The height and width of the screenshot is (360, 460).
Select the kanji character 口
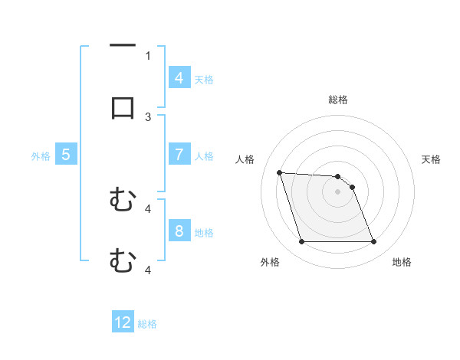(x=123, y=106)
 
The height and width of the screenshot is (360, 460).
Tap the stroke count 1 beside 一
(x=148, y=55)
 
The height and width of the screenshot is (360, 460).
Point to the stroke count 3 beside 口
(x=148, y=116)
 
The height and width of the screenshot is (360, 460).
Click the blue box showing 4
(x=179, y=77)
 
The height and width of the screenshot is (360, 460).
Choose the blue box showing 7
(x=179, y=155)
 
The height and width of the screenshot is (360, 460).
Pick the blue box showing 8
(x=179, y=231)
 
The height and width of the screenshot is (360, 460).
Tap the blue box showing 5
(x=66, y=155)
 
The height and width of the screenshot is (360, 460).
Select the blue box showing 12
(x=123, y=322)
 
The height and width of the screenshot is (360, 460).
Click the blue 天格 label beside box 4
(x=204, y=79)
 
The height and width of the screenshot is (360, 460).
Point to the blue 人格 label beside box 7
(x=204, y=156)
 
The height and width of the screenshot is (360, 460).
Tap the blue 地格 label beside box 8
(x=204, y=233)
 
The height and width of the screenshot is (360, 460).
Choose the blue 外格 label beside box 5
(x=41, y=156)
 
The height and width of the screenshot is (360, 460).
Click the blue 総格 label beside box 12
(x=147, y=324)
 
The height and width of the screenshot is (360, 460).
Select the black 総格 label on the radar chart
(x=338, y=100)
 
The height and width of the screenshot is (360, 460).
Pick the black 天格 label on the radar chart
(x=432, y=159)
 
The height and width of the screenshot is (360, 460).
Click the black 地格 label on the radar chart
(x=402, y=262)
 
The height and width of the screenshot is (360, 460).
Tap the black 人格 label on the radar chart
(x=245, y=159)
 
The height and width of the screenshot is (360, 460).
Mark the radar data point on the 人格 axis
(x=279, y=172)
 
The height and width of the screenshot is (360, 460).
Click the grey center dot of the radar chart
(x=338, y=191)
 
